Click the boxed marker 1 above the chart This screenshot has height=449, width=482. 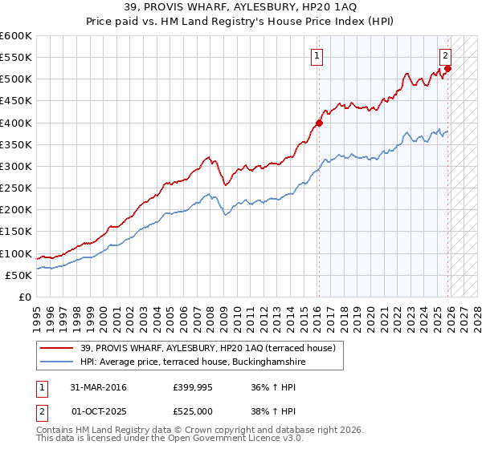tap(318, 56)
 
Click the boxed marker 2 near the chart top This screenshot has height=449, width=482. tap(445, 55)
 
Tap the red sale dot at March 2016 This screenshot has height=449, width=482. tap(319, 123)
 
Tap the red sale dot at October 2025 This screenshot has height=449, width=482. tap(448, 69)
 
